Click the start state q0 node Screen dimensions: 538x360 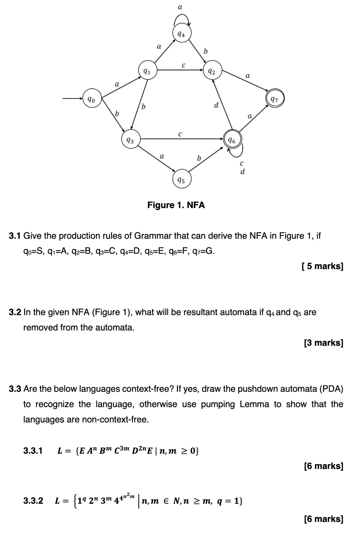[x=91, y=99]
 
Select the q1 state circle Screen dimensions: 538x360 [x=147, y=71]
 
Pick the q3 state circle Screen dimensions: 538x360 [x=130, y=140]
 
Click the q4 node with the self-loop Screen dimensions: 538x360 [x=182, y=34]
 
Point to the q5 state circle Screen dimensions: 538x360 [x=182, y=180]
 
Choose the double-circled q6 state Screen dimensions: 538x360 [x=232, y=140]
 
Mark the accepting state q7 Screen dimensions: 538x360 [x=275, y=98]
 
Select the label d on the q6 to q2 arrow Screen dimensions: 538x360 [x=216, y=105]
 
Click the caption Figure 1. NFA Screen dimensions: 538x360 [x=176, y=205]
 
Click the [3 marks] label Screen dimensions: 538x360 [x=323, y=343]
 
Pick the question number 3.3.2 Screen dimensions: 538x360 [x=33, y=501]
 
